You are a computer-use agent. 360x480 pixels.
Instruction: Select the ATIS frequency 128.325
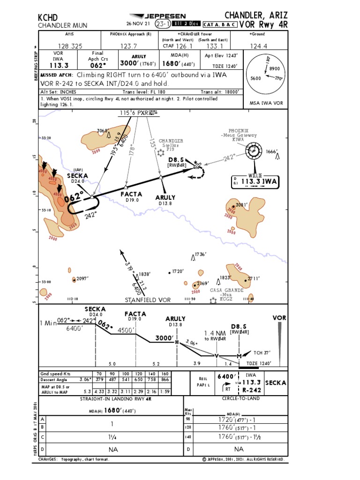[69, 46]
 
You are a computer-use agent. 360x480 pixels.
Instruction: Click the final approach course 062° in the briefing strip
[98, 65]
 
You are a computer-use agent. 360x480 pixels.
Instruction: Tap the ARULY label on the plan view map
[165, 197]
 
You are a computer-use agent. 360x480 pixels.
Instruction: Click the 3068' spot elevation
[104, 130]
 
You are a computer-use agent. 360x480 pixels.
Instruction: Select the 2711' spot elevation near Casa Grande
[253, 278]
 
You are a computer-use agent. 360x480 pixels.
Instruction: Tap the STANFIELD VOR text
[147, 300]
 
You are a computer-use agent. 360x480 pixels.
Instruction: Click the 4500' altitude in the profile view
[126, 330]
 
